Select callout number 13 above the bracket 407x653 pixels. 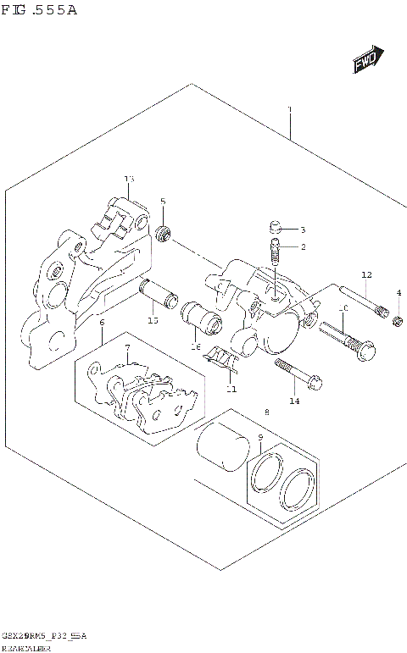(129, 179)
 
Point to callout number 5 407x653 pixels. (163, 202)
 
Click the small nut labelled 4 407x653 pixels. (397, 318)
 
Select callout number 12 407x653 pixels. (366, 274)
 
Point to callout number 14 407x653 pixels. (294, 401)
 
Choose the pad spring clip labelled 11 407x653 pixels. (223, 361)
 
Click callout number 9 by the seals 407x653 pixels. (261, 438)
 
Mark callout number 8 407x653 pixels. (266, 412)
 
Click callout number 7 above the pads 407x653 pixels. (127, 348)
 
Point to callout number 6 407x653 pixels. (102, 323)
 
